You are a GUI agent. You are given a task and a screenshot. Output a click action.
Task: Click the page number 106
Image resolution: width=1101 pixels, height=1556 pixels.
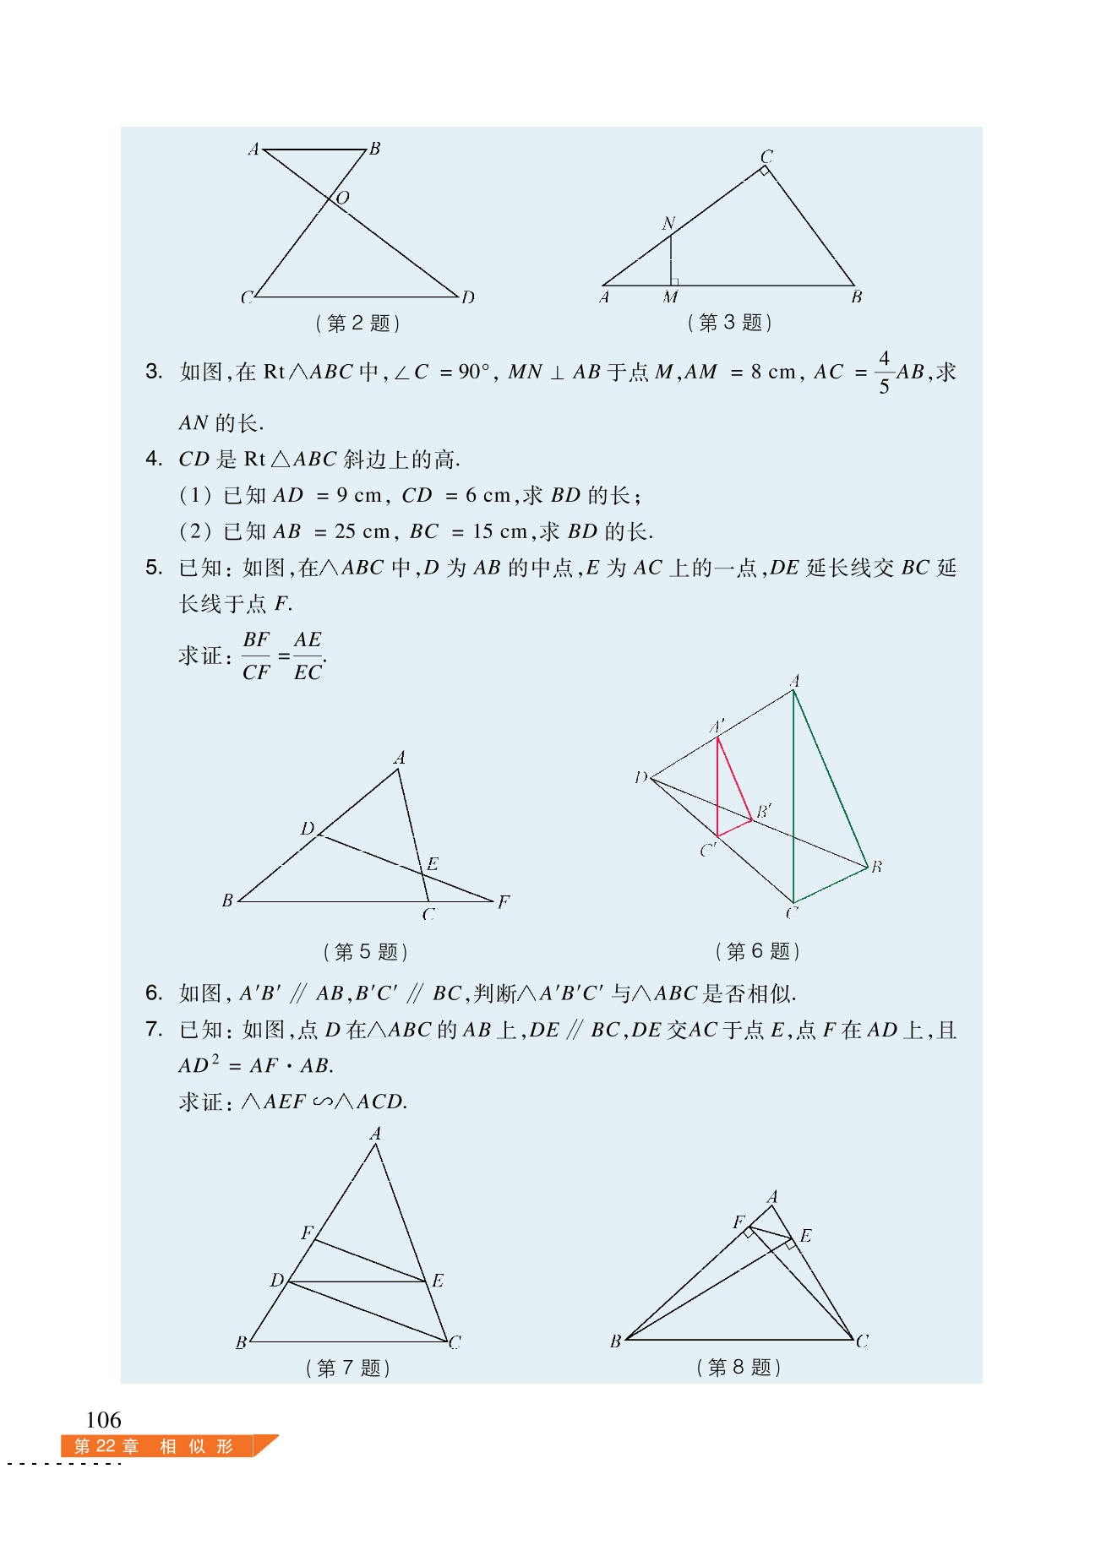103,1419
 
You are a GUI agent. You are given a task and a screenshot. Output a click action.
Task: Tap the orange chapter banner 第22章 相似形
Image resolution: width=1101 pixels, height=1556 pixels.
156,1446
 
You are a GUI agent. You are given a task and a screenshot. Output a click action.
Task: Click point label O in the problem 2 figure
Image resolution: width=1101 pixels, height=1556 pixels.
342,198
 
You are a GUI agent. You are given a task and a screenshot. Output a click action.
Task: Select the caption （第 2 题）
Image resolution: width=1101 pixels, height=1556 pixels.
357,323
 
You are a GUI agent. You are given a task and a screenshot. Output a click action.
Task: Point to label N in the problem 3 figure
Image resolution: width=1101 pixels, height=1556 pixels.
668,223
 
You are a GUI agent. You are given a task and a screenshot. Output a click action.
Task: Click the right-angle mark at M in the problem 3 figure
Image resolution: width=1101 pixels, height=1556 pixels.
674,281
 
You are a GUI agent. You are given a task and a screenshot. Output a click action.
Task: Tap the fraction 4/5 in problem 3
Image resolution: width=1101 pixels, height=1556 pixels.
884,373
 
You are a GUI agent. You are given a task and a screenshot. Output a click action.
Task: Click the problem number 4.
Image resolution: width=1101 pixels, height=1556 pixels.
154,459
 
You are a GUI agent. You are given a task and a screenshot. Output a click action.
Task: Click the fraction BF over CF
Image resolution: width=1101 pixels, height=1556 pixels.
256,656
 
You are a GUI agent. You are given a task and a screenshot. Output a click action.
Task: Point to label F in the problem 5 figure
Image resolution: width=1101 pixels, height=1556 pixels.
504,901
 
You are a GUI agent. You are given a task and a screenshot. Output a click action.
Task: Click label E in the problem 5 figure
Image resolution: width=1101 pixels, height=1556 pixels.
433,863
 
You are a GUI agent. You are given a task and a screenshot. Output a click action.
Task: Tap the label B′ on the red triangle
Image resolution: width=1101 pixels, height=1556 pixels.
764,811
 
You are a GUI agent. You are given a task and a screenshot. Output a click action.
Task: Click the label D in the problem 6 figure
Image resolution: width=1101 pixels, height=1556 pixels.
640,777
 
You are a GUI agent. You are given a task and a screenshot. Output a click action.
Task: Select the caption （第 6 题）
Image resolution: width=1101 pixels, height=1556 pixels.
757,951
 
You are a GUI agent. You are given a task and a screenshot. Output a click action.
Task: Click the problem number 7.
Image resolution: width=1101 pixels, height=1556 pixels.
154,1029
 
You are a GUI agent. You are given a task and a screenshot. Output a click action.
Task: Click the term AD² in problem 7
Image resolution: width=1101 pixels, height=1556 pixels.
199,1064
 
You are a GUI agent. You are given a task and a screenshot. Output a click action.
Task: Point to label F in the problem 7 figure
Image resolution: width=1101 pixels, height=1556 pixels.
307,1233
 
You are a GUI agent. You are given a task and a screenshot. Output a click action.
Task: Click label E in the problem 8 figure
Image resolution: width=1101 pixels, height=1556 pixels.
805,1236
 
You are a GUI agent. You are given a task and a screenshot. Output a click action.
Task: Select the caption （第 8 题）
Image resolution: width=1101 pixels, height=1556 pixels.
739,1367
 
